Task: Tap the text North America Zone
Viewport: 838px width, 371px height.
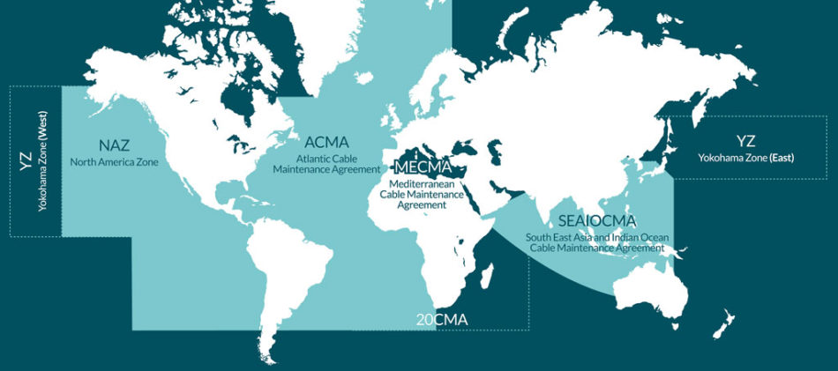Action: pos(115,161)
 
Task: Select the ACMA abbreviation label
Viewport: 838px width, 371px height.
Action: pos(326,142)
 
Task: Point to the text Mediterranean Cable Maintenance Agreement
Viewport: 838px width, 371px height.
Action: pos(421,194)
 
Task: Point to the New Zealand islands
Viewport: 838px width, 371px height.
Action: pos(725,323)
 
